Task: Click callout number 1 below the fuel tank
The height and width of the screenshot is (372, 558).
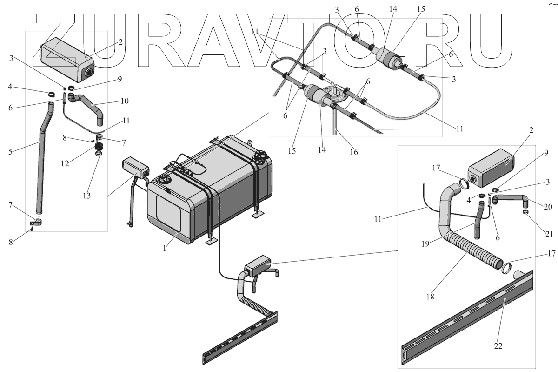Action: click(165, 249)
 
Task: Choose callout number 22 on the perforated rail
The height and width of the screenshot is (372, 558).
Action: click(498, 346)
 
